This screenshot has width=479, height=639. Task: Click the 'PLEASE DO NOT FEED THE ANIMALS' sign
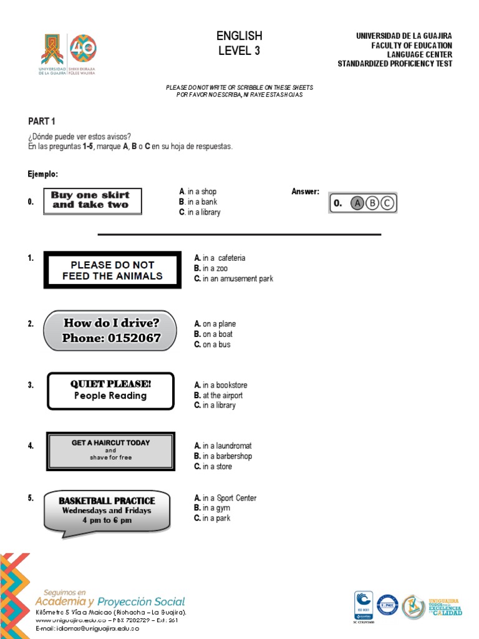pyautogui.click(x=112, y=270)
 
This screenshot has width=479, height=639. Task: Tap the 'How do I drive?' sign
pyautogui.click(x=110, y=331)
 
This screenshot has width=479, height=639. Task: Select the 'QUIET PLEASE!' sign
pyautogui.click(x=110, y=391)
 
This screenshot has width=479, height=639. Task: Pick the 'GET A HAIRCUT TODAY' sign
pyautogui.click(x=110, y=450)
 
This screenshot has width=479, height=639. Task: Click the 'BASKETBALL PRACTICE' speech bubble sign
pyautogui.click(x=107, y=510)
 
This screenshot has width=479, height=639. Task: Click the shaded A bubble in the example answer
pyautogui.click(x=357, y=203)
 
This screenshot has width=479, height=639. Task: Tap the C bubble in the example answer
pyautogui.click(x=387, y=203)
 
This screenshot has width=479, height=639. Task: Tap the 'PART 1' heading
pyautogui.click(x=42, y=121)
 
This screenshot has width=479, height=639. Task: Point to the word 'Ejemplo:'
pyautogui.click(x=43, y=174)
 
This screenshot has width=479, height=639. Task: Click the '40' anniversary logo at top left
pyautogui.click(x=84, y=48)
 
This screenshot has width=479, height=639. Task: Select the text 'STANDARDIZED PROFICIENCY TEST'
pyautogui.click(x=395, y=64)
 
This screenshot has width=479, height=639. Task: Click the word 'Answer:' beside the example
pyautogui.click(x=305, y=192)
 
